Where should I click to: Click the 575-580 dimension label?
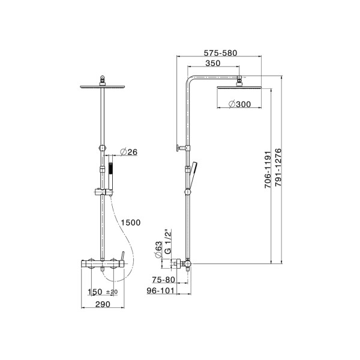click(x=220, y=53)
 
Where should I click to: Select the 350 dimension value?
click(x=213, y=63)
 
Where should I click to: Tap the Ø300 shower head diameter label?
click(x=239, y=104)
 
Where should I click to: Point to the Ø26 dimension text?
click(x=128, y=152)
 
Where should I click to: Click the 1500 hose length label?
click(x=131, y=223)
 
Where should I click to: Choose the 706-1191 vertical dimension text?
click(x=268, y=170)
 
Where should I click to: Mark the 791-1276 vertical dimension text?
click(x=278, y=167)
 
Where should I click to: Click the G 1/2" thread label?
click(x=168, y=241)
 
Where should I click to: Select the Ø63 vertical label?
click(x=158, y=250)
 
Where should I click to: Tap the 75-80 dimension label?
click(x=163, y=280)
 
